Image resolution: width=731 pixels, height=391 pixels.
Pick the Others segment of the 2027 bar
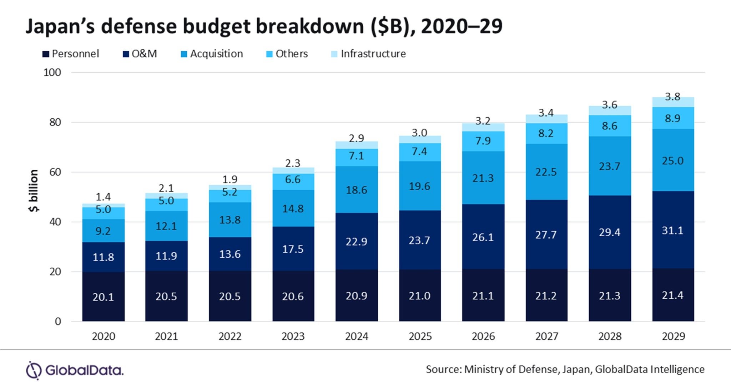point(546,134)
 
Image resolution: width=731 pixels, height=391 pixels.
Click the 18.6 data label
point(356,190)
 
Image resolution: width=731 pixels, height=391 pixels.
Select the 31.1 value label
point(672,231)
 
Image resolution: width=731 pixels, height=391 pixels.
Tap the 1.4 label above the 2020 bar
point(103,197)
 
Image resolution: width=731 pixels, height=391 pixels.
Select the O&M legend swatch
point(126,54)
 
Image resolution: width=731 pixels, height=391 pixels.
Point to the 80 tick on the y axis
point(55,122)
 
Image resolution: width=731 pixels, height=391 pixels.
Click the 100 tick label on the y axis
point(52,72)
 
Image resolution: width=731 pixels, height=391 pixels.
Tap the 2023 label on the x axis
point(293,336)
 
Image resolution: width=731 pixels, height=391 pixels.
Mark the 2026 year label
point(483,336)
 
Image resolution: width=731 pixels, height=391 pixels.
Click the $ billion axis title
point(33,191)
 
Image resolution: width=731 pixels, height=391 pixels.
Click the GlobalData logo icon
point(34,370)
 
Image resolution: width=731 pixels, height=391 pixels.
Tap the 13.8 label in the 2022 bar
point(230,220)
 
